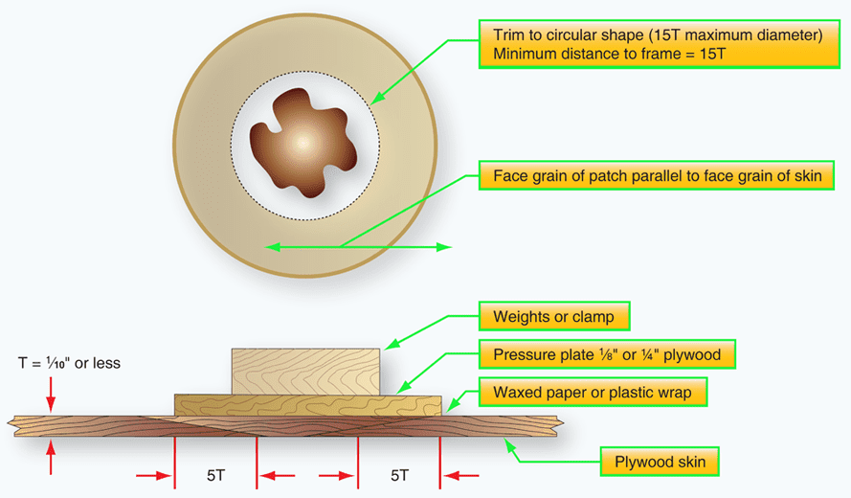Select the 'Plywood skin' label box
pyautogui.click(x=660, y=463)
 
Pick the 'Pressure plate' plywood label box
pyautogui.click(x=607, y=354)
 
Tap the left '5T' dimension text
pyautogui.click(x=216, y=475)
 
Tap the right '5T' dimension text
pyautogui.click(x=399, y=475)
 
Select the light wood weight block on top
pyautogui.click(x=306, y=371)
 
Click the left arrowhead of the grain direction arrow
pyautogui.click(x=272, y=247)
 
